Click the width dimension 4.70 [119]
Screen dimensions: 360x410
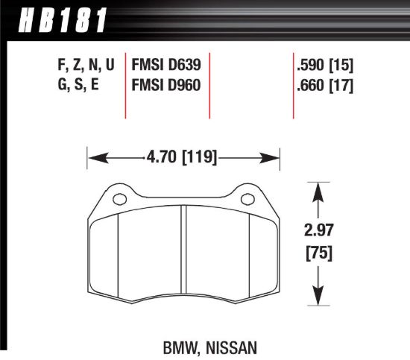point(184,157)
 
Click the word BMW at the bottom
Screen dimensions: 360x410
point(178,346)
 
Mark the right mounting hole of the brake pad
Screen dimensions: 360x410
point(246,198)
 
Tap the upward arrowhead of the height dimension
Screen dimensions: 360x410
point(319,189)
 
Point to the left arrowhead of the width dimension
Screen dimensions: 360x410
point(94,157)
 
